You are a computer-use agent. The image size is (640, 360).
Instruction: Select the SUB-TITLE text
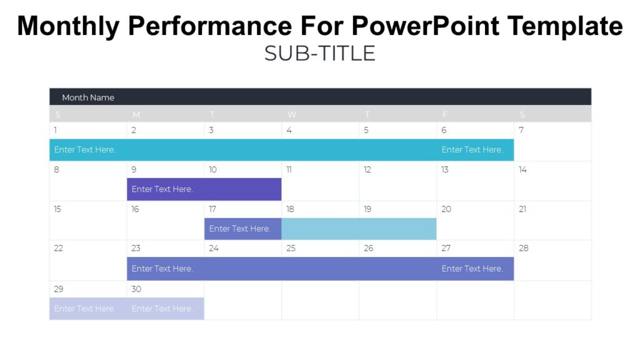(x=319, y=54)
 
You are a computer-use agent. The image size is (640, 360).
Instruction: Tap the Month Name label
(x=88, y=97)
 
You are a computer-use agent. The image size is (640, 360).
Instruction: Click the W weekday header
(x=291, y=114)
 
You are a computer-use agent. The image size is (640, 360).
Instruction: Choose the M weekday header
(x=136, y=114)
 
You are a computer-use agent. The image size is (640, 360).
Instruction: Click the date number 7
(x=521, y=130)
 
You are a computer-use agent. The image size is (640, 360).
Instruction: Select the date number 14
(x=522, y=169)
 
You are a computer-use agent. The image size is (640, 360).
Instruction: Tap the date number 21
(x=522, y=209)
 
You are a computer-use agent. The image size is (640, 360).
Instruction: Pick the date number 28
(x=523, y=248)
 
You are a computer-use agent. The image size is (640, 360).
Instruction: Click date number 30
(x=136, y=289)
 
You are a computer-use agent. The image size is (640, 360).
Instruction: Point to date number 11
(x=289, y=169)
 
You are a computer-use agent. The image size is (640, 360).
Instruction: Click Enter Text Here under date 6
(x=472, y=150)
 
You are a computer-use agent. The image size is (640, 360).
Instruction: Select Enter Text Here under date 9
(x=162, y=189)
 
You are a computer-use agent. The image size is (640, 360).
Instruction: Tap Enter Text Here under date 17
(x=240, y=229)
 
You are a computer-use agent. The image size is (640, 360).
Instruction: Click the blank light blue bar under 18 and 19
(x=359, y=229)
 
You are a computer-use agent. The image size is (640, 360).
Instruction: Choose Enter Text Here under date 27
(x=472, y=269)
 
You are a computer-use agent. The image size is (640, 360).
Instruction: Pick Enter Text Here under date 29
(x=84, y=309)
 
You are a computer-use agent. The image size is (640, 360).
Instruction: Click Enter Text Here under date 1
(x=84, y=150)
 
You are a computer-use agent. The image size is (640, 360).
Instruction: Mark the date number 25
(x=291, y=248)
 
